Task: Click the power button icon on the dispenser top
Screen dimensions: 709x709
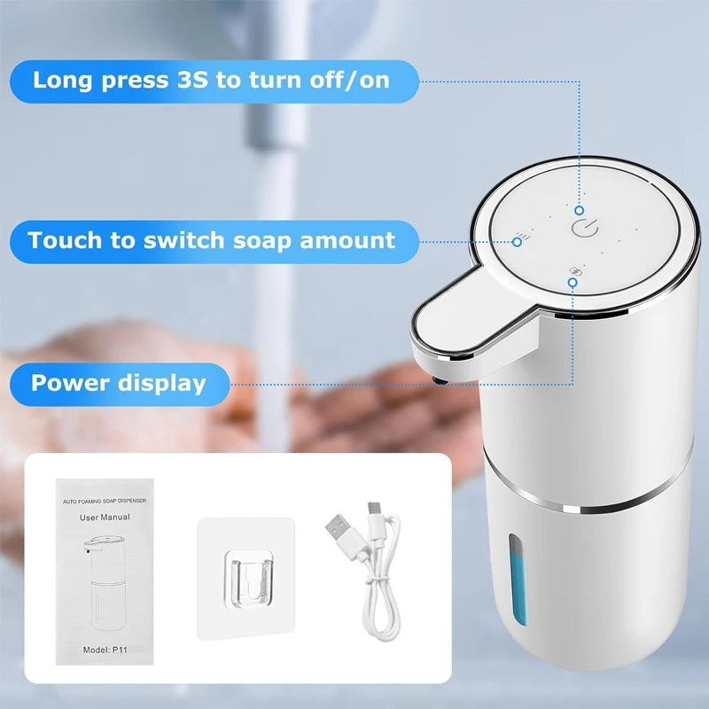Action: (585, 228)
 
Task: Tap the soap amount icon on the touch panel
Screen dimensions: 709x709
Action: (525, 236)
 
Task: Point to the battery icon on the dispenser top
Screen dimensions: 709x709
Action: (575, 271)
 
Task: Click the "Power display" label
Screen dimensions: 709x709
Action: (119, 384)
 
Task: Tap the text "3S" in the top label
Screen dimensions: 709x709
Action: (192, 80)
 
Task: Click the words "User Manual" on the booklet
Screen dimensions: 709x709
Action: (105, 517)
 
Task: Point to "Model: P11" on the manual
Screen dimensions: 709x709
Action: (105, 650)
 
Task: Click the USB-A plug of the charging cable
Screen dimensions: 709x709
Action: (342, 535)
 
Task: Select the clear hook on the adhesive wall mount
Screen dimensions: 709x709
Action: (249, 580)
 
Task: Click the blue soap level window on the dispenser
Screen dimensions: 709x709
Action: (518, 580)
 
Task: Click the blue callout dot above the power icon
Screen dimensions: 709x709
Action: (580, 210)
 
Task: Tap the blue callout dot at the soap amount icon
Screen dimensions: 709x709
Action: (518, 242)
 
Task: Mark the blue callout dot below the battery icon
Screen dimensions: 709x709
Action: (573, 283)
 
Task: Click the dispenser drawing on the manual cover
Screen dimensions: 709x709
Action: (105, 583)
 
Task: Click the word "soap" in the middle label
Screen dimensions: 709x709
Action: (262, 240)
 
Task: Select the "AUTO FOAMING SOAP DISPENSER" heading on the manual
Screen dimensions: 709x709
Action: (105, 501)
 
